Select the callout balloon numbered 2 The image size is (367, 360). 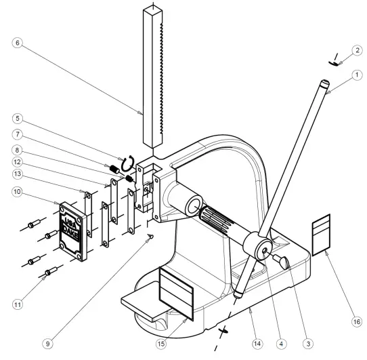click(357, 50)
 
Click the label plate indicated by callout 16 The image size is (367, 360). click(320, 233)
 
